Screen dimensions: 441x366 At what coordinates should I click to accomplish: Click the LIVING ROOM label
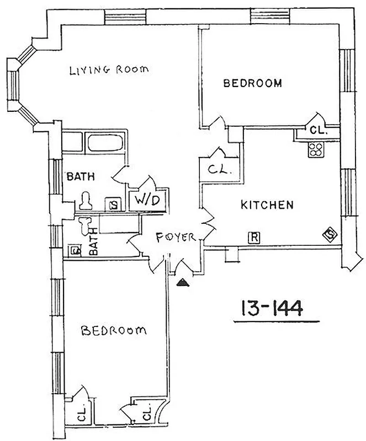(x=109, y=70)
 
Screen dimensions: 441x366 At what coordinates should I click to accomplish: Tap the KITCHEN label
(x=267, y=205)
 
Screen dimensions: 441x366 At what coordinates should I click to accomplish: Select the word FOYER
(x=175, y=238)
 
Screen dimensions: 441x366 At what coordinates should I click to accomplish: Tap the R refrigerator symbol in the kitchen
(x=254, y=238)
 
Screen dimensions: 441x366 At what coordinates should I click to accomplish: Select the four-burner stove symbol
(x=315, y=148)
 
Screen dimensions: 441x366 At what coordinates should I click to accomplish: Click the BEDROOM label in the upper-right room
(x=252, y=84)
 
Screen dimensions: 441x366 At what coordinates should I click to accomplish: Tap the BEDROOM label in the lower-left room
(x=114, y=331)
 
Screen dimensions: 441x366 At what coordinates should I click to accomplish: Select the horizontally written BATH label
(x=81, y=177)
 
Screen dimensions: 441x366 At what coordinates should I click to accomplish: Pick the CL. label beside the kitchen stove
(x=318, y=131)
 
